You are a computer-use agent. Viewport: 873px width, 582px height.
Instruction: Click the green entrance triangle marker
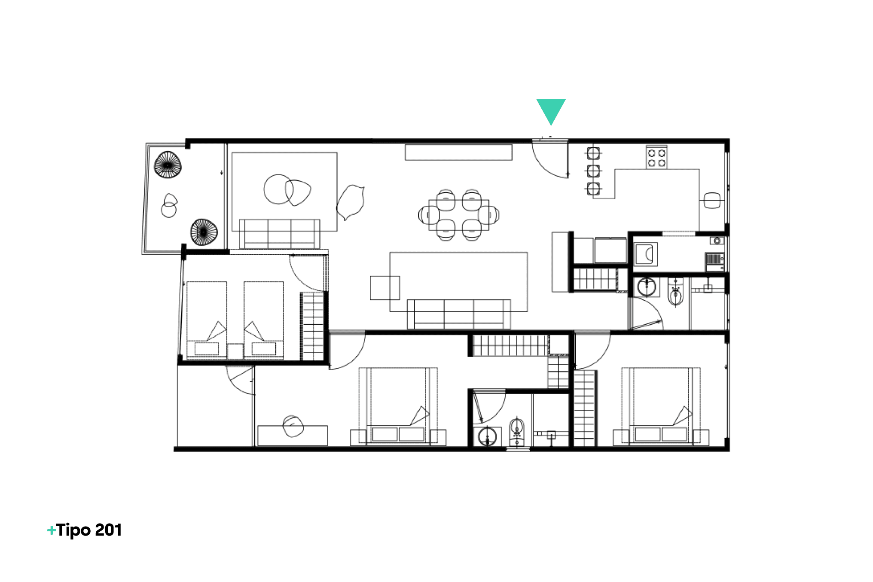tap(551, 110)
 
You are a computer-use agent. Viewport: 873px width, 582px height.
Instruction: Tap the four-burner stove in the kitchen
tap(656, 157)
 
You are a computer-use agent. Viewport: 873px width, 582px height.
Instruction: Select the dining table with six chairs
tap(459, 215)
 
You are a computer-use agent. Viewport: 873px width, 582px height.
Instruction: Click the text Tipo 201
tap(89, 530)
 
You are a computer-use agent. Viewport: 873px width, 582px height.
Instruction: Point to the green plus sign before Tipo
tap(52, 531)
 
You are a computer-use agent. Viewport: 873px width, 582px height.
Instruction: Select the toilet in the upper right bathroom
tap(675, 292)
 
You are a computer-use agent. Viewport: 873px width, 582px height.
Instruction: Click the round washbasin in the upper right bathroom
tap(647, 287)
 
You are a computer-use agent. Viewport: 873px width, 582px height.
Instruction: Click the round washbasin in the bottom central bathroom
tap(488, 437)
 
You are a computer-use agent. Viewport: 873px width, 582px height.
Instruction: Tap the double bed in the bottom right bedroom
tap(661, 405)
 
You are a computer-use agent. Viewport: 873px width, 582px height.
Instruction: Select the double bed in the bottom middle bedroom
tap(398, 405)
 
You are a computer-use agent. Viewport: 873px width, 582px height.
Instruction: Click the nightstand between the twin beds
tap(235, 351)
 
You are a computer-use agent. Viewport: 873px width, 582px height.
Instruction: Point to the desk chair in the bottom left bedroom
tap(293, 426)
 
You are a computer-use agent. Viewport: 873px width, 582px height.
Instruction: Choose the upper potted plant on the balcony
tap(168, 165)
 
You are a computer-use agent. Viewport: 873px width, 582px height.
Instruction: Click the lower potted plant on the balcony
tap(204, 232)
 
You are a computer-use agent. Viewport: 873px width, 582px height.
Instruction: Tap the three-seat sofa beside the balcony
tap(279, 234)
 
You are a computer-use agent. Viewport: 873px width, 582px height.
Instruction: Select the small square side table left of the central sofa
tap(385, 287)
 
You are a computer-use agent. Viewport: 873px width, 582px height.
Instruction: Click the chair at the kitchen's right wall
tap(712, 201)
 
